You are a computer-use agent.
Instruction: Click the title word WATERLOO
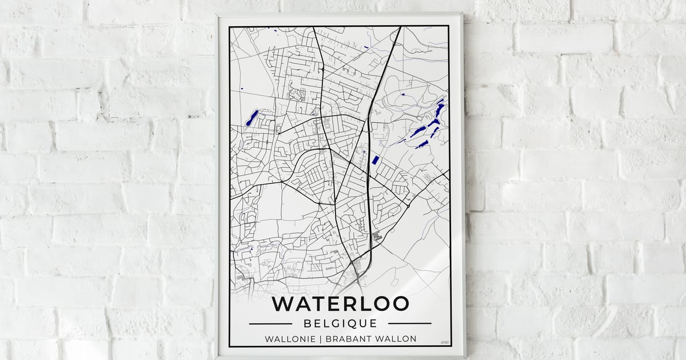(x=340, y=303)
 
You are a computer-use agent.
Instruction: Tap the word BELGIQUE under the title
(x=340, y=323)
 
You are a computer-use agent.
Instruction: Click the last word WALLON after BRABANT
(x=397, y=339)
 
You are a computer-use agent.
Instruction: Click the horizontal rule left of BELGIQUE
(x=270, y=323)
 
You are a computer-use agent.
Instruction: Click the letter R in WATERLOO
(x=350, y=303)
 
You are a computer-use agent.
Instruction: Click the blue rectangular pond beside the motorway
(x=375, y=160)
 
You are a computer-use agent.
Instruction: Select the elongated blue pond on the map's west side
(x=251, y=119)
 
